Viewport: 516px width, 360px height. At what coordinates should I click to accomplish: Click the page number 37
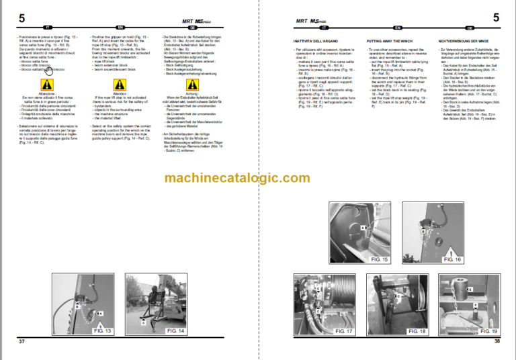coord(21,342)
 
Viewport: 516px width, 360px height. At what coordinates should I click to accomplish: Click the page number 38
coord(497,342)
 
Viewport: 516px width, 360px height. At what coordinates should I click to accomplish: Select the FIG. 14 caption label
coord(175,330)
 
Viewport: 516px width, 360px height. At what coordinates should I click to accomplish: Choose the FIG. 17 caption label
coord(344,331)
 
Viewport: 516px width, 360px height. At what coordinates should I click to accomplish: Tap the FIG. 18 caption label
coord(417,331)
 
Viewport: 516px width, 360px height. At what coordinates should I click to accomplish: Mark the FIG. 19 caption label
coord(487,331)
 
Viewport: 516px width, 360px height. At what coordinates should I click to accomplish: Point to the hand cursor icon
coord(49,70)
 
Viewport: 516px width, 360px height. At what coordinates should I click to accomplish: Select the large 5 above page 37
coord(21,19)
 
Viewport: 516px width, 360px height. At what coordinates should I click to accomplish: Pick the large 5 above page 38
coord(496,17)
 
